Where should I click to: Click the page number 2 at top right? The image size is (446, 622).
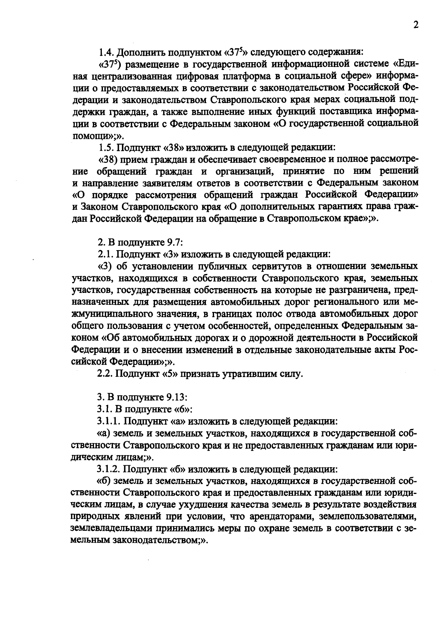416,25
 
